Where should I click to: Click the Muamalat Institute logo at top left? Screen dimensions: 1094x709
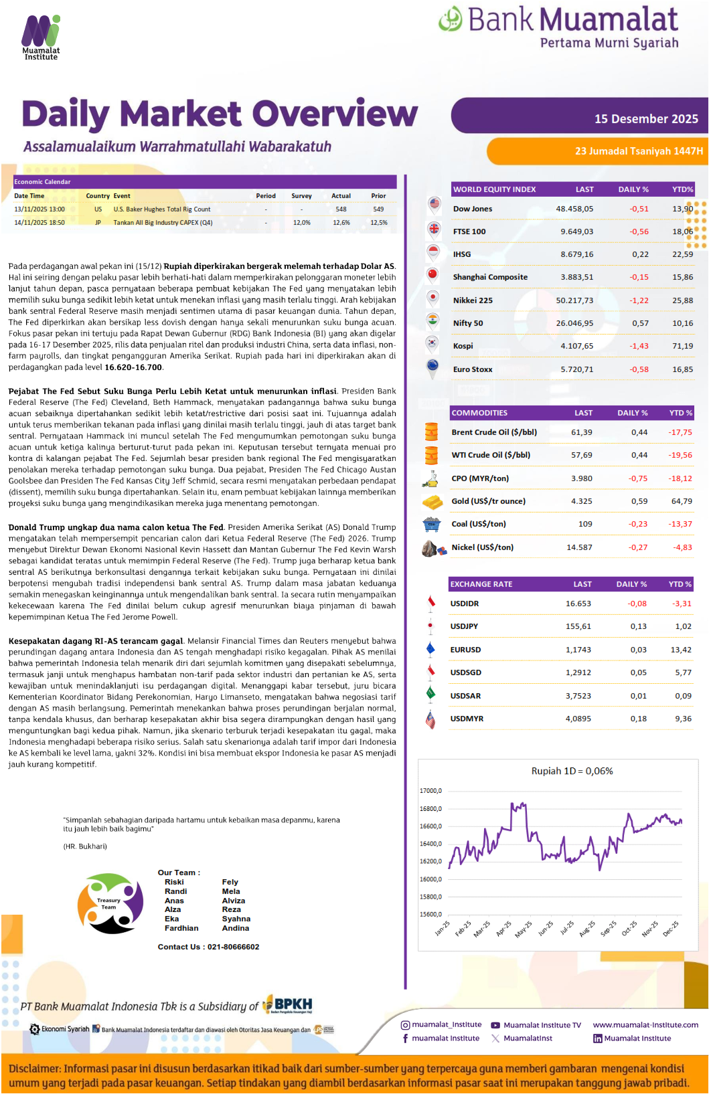click(41, 37)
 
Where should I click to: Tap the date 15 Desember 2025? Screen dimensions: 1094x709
click(645, 119)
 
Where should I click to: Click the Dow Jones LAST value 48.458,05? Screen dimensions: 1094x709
click(574, 209)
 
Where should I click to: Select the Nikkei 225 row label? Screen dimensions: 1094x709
click(473, 300)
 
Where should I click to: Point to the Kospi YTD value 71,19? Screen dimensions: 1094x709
click(682, 346)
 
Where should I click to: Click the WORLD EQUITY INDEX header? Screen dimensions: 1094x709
click(494, 189)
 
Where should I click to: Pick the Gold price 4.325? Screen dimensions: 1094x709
click(581, 501)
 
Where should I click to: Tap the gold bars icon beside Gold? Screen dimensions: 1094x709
click(432, 502)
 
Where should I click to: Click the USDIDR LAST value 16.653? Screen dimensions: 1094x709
click(578, 604)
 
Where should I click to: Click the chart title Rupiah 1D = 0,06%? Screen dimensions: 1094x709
click(572, 771)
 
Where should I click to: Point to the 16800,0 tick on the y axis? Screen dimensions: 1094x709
click(430, 809)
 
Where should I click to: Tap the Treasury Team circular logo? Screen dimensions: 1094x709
click(110, 903)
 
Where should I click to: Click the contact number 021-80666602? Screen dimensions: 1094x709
click(233, 947)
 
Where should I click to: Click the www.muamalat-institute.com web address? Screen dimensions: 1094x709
click(645, 1024)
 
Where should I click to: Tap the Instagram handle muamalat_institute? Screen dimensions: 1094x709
click(446, 1024)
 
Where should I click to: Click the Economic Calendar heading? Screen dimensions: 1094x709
click(42, 182)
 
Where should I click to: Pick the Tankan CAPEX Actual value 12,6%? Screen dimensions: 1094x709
click(341, 223)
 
